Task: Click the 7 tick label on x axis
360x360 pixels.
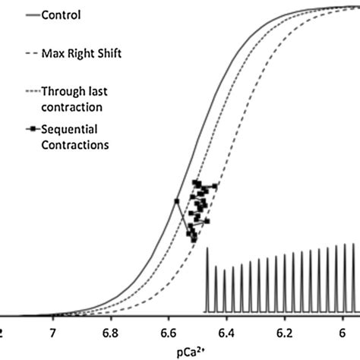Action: pos(52,333)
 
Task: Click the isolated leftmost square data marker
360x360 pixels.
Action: pos(176,201)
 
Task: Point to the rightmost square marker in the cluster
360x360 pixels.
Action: pos(215,186)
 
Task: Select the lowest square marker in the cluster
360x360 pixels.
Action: pos(194,240)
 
